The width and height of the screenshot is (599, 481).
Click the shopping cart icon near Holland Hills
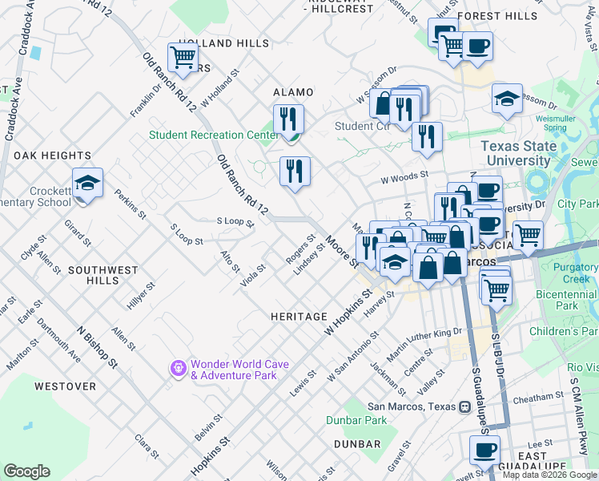click(x=183, y=58)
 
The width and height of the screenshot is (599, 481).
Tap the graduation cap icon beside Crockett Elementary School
click(x=87, y=183)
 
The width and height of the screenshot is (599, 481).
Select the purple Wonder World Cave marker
click(x=177, y=368)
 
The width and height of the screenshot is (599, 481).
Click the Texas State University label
click(x=527, y=153)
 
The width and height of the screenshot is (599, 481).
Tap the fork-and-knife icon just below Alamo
click(x=288, y=119)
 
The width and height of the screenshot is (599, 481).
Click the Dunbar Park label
click(x=356, y=420)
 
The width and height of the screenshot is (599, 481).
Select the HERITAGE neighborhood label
click(x=299, y=317)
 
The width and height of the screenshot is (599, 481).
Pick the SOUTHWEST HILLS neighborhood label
click(x=103, y=271)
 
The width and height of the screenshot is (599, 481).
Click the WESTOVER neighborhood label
click(x=65, y=386)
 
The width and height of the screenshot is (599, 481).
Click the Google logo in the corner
click(x=26, y=471)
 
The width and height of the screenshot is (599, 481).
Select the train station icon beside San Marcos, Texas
click(x=464, y=406)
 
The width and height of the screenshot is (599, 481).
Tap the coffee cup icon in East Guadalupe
click(x=484, y=450)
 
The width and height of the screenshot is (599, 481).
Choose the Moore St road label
click(x=340, y=251)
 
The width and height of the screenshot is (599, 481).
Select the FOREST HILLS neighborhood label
click(x=509, y=16)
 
